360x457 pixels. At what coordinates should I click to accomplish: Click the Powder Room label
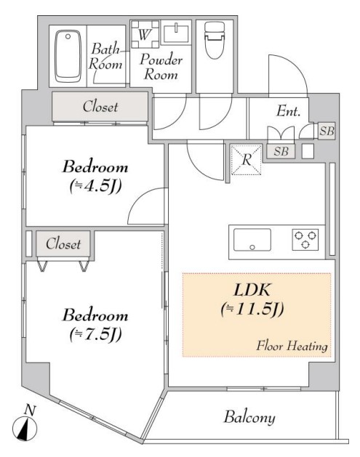click(161, 66)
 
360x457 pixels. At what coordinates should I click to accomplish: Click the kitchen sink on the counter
click(251, 239)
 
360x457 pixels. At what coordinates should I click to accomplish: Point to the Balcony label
click(249, 418)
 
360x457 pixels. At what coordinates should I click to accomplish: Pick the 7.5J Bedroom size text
click(95, 334)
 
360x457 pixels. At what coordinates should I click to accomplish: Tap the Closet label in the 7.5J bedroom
click(63, 244)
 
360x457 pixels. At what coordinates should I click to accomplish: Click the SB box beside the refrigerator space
click(280, 151)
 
